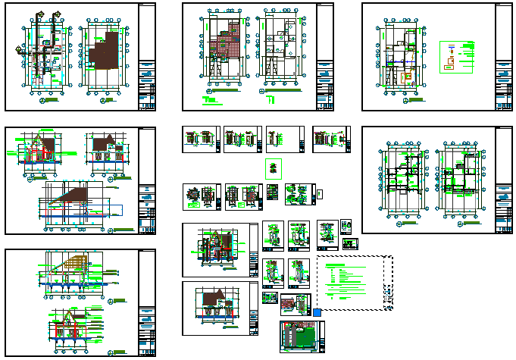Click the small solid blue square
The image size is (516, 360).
click(317, 312)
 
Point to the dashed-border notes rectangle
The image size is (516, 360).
click(354, 281)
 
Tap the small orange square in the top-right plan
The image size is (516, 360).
click(407, 77)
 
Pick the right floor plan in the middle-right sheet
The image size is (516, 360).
click(459, 179)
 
